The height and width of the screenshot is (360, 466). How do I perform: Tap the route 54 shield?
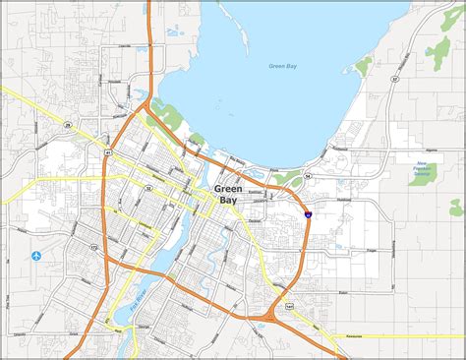tap(308, 175)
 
